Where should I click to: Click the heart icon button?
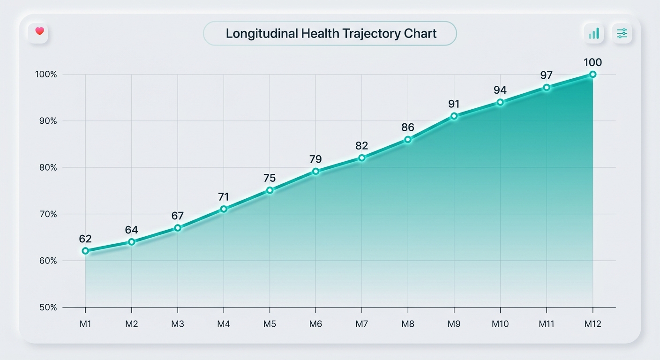coord(39,32)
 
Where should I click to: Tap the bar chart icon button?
coord(594,33)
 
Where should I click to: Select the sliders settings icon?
coord(622,33)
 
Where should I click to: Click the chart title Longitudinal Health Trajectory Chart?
coord(331,33)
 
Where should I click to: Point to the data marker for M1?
coord(85,251)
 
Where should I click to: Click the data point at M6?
coord(316,172)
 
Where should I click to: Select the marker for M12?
coord(592,74)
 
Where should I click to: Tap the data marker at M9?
coord(454,116)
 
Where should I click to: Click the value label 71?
coord(224,197)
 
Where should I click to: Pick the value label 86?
coord(408,127)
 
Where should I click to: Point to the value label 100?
coord(592,62)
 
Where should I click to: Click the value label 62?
coord(85,239)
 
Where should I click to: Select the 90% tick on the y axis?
coord(46,121)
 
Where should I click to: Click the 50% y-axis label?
coord(46,307)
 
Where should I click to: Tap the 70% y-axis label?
coord(46,214)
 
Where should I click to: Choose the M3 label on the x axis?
coord(178,324)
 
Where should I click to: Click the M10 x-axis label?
coord(500,324)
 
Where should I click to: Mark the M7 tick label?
coord(362,324)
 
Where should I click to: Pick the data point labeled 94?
coord(500,102)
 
